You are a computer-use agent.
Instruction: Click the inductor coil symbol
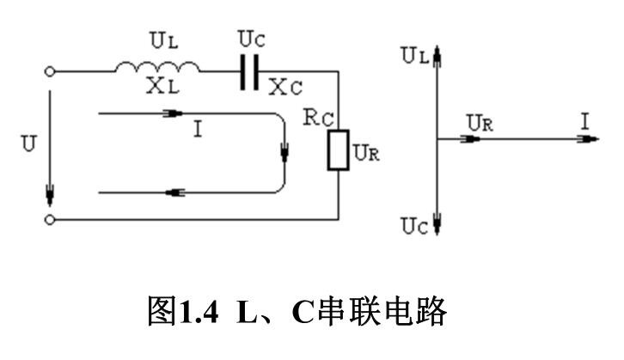(158, 68)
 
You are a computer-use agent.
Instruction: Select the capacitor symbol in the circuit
(249, 74)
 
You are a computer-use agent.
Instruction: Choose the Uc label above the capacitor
(250, 40)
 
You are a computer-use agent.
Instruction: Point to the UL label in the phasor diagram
(414, 56)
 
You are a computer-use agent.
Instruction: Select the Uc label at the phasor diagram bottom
(414, 226)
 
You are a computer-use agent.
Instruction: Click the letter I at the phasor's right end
(584, 121)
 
